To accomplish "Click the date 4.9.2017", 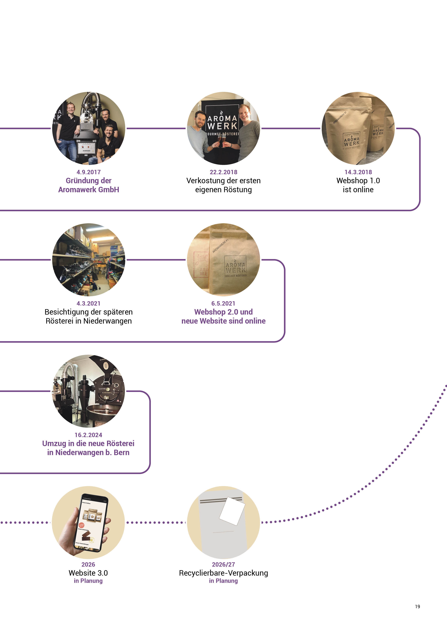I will click(x=88, y=172).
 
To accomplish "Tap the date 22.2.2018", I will click(x=223, y=172).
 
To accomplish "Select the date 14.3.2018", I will click(x=358, y=172).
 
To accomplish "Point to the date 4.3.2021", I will click(x=88, y=303).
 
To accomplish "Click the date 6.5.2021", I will click(x=223, y=303).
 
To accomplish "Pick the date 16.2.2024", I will click(x=88, y=435).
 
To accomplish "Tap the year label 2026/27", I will click(x=223, y=564).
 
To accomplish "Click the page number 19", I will click(x=417, y=606).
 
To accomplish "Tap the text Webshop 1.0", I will click(x=358, y=181).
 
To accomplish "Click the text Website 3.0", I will click(x=88, y=573).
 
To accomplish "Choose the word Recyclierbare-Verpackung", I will click(x=223, y=573).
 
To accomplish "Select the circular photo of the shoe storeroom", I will click(x=88, y=260).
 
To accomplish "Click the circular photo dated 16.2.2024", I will click(x=88, y=391).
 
